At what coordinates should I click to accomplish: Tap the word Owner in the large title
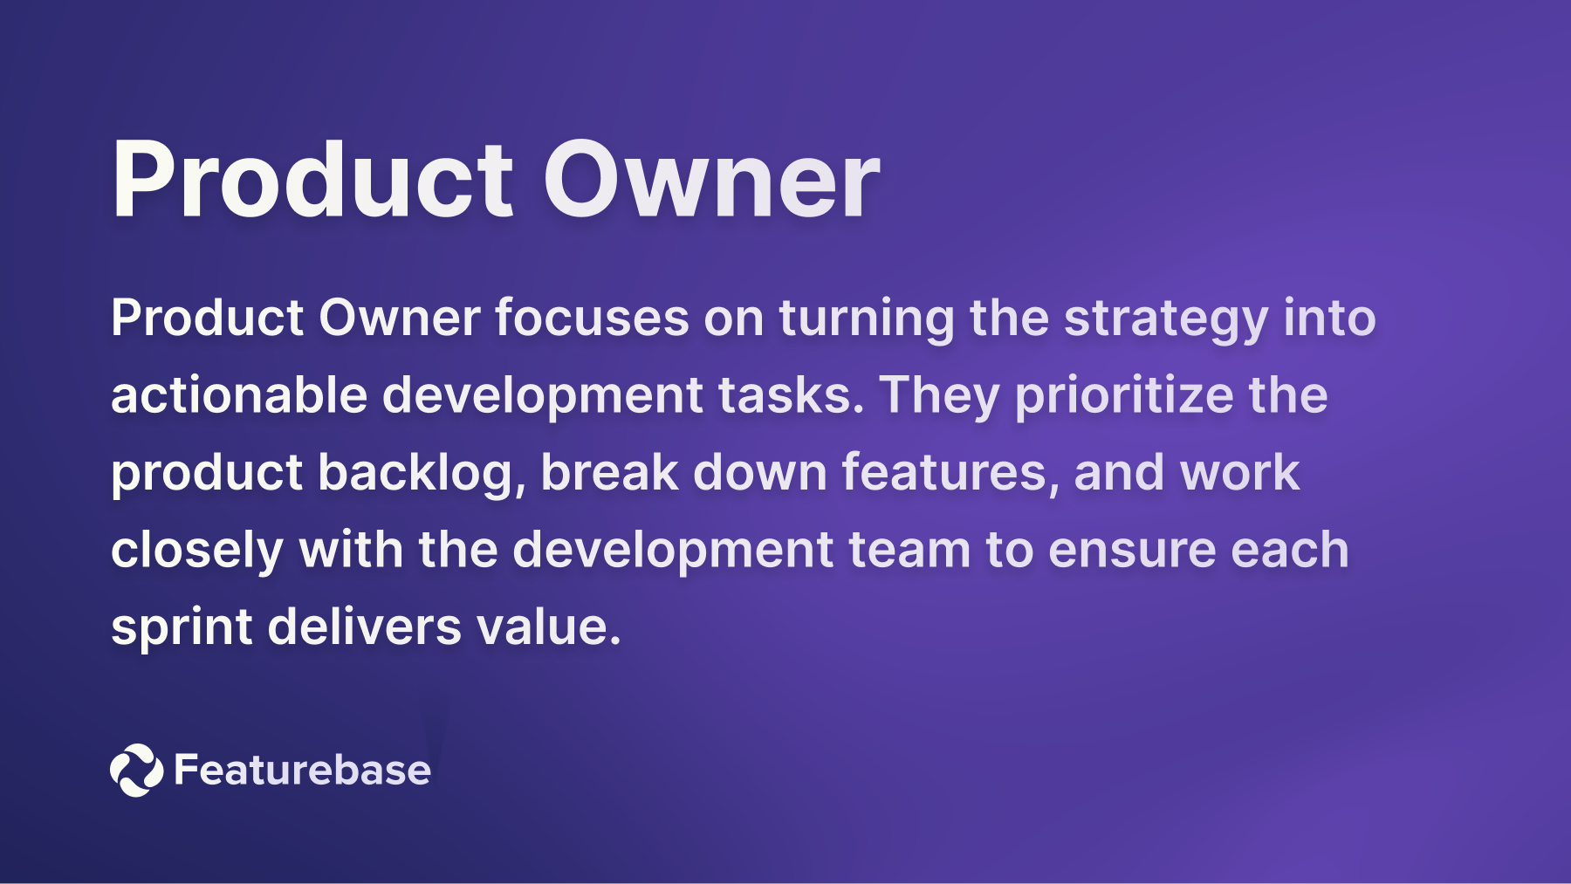click(x=710, y=181)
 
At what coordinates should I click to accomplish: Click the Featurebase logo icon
click(x=136, y=770)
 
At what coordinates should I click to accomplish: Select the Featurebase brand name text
click(x=302, y=770)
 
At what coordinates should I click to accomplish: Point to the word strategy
click(x=1165, y=319)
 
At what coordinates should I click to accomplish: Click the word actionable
click(x=239, y=395)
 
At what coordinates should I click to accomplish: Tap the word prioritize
click(x=1124, y=395)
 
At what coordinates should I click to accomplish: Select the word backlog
click(x=421, y=473)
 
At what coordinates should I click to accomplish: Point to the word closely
click(x=197, y=551)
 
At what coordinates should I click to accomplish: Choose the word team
click(x=909, y=551)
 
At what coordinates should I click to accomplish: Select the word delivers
click(x=364, y=627)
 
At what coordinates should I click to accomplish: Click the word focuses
click(x=592, y=319)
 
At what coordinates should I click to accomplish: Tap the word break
click(x=609, y=473)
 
